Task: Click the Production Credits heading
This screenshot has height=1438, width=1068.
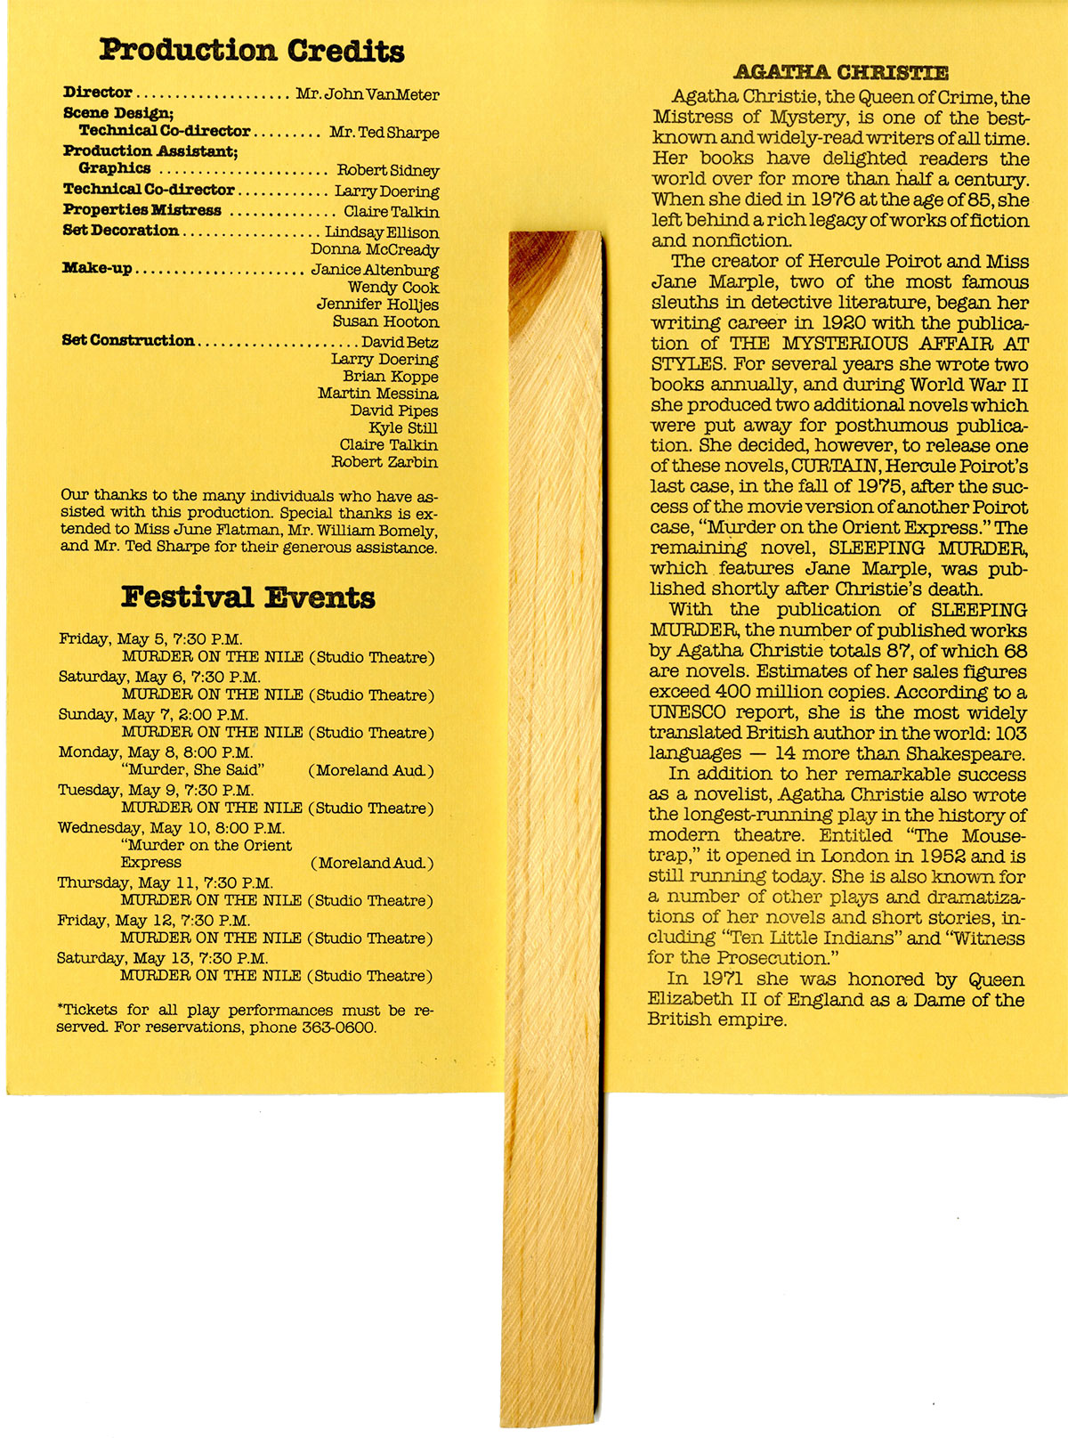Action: coord(252,50)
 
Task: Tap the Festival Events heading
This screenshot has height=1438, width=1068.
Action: coord(247,597)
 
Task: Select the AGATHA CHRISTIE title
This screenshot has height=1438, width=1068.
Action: coord(841,73)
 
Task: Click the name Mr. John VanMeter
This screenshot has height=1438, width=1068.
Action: coord(368,94)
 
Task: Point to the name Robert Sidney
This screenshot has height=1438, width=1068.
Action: coord(387,170)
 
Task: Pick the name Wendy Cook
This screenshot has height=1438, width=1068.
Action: coord(393,288)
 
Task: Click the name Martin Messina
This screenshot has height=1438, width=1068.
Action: coord(378,394)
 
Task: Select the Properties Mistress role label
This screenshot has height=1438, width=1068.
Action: coord(142,210)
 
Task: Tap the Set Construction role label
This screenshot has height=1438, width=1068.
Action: coord(128,340)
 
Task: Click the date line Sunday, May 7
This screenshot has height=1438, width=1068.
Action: coord(153,714)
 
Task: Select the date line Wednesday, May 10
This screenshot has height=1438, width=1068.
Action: coord(172,827)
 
